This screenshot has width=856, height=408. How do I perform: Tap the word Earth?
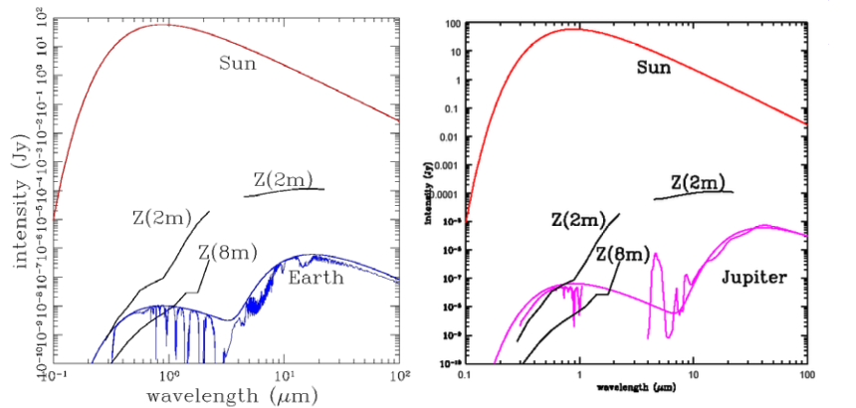coord(317,279)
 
